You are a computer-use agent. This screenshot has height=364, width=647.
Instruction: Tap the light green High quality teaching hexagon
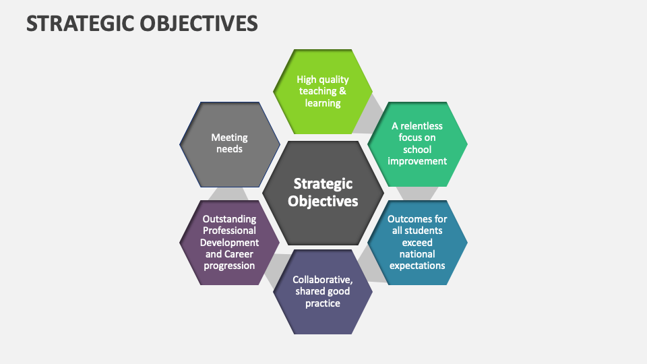point(323,67)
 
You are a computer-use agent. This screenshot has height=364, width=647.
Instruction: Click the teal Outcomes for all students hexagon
point(417,270)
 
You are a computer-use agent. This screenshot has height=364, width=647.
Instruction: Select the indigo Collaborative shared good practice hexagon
point(323,317)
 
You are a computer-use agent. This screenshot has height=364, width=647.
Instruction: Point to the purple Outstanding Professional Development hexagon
point(230,270)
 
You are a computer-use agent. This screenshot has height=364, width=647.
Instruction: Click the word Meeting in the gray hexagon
point(229,137)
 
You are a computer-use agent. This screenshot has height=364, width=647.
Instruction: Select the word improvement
point(417,161)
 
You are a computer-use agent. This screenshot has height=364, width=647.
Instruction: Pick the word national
point(417,254)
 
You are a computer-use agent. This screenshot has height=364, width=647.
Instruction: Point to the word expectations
point(417,266)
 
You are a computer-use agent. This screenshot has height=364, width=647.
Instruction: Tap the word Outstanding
point(230,219)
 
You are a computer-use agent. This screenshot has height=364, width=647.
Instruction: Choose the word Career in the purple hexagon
point(241,254)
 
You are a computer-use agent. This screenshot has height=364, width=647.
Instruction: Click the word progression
point(230,266)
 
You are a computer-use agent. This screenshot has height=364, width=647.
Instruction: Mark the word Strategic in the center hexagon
point(323,183)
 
